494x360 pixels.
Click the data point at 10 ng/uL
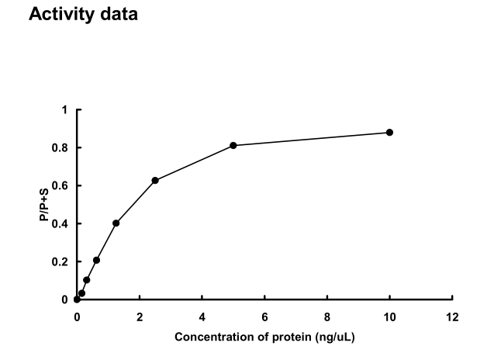pyautogui.click(x=389, y=133)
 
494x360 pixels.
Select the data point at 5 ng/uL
pyautogui.click(x=233, y=146)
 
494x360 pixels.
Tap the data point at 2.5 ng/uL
pyautogui.click(x=155, y=180)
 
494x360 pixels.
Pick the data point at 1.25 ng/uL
pyautogui.click(x=116, y=223)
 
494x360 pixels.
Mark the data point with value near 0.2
pyautogui.click(x=96, y=260)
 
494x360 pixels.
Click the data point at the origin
pyautogui.click(x=77, y=299)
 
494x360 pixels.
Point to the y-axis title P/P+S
pyautogui.click(x=45, y=205)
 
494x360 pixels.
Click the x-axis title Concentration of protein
pyautogui.click(x=265, y=337)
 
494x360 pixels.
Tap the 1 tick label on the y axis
pyautogui.click(x=65, y=110)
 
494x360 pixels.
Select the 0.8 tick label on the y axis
pyautogui.click(x=61, y=148)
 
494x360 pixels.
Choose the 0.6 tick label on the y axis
pyautogui.click(x=61, y=186)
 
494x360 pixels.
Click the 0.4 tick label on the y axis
pyautogui.click(x=61, y=223)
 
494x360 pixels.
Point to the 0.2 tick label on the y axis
pyautogui.click(x=61, y=261)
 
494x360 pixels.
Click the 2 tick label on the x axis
pyautogui.click(x=140, y=317)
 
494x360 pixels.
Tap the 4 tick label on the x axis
pyautogui.click(x=202, y=317)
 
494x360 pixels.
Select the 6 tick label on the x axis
pyautogui.click(x=264, y=317)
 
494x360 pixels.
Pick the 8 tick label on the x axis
pyautogui.click(x=327, y=317)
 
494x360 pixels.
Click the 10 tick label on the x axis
pyautogui.click(x=389, y=317)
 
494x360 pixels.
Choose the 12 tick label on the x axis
pyautogui.click(x=452, y=317)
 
